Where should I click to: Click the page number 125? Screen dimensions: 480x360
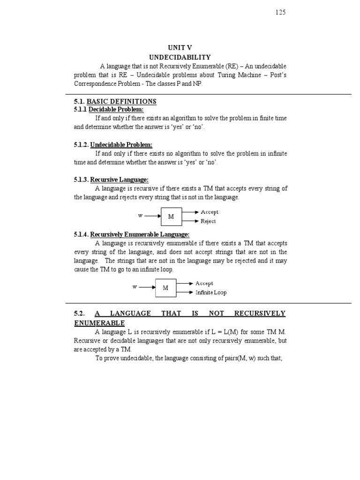click(280, 13)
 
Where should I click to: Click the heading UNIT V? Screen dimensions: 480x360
click(180, 47)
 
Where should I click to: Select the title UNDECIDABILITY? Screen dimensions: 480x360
click(180, 57)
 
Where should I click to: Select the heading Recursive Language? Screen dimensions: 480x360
click(119, 180)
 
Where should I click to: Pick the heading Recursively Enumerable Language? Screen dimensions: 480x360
click(140, 234)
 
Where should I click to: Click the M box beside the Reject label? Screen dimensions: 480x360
click(172, 217)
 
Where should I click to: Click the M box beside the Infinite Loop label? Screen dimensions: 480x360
click(166, 288)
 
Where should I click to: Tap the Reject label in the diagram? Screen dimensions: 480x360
click(208, 221)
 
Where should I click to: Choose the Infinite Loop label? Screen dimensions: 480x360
click(211, 292)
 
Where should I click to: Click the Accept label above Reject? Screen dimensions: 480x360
click(209, 212)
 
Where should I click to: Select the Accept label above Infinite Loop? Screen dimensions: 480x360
click(204, 283)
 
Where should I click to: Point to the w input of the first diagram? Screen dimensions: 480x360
click(140, 216)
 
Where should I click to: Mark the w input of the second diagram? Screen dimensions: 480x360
click(135, 287)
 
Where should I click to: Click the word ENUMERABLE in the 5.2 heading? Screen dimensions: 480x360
click(99, 323)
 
